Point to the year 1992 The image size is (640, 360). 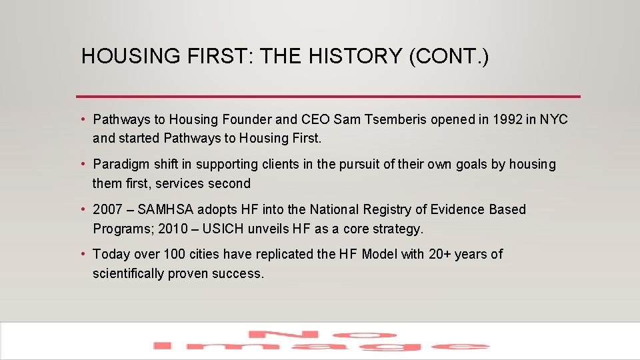pyautogui.click(x=509, y=120)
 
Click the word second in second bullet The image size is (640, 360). pyautogui.click(x=229, y=184)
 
